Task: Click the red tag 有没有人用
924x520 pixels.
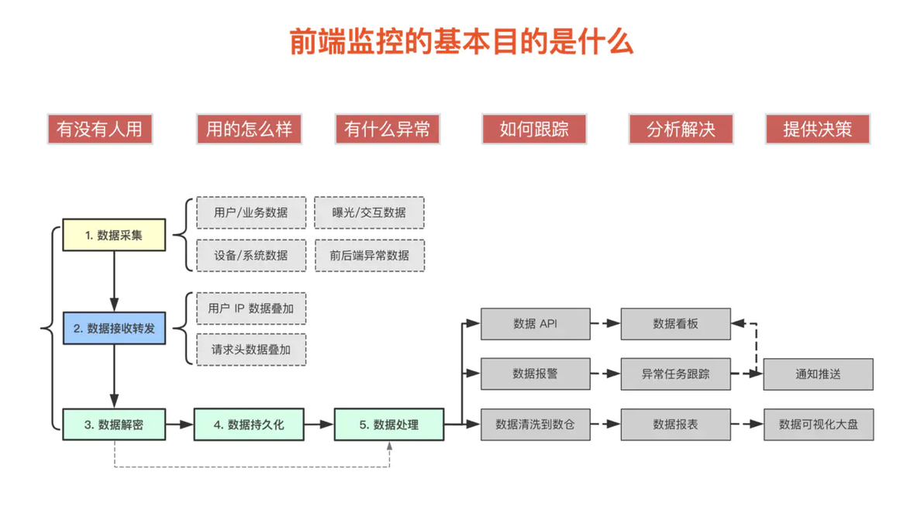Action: pos(99,129)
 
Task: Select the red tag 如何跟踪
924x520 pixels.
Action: pos(534,129)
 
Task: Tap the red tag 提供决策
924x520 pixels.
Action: pos(817,129)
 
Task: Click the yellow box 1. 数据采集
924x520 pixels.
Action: pos(114,235)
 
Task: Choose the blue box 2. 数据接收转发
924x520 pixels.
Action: pos(114,328)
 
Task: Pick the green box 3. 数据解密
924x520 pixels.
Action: pos(114,424)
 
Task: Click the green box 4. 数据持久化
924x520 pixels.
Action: pos(249,424)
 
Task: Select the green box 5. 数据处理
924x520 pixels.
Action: pos(389,424)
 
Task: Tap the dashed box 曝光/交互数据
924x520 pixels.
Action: pos(370,212)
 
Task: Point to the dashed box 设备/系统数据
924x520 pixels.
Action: pos(251,255)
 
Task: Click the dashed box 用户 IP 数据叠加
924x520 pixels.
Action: pos(251,308)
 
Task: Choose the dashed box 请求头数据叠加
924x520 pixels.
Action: pos(251,350)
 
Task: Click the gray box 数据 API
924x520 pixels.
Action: pos(535,323)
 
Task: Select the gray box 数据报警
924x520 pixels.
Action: pos(535,374)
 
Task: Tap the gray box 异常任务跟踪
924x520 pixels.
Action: pos(675,374)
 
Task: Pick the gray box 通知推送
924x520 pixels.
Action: pos(818,374)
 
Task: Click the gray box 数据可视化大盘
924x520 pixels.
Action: pos(819,424)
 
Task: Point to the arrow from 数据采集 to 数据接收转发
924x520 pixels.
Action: pos(114,281)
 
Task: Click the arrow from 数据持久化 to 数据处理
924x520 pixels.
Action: pos(319,424)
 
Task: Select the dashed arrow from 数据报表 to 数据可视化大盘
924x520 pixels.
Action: pos(747,424)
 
